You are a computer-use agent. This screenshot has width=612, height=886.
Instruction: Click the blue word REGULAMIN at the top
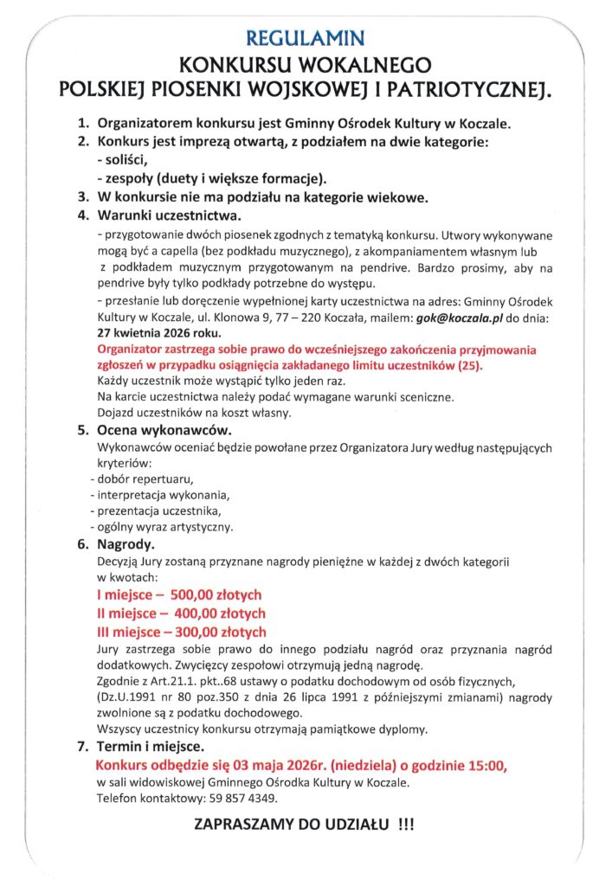tap(306, 38)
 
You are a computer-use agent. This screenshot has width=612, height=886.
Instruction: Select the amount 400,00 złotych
tap(218, 613)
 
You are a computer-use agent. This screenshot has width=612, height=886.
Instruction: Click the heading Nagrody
tap(126, 545)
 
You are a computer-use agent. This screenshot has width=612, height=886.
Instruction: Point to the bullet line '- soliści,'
tap(124, 160)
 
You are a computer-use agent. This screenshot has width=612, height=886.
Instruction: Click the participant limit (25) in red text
tap(473, 365)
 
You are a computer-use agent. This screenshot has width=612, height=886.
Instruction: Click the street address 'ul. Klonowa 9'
tap(203, 317)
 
